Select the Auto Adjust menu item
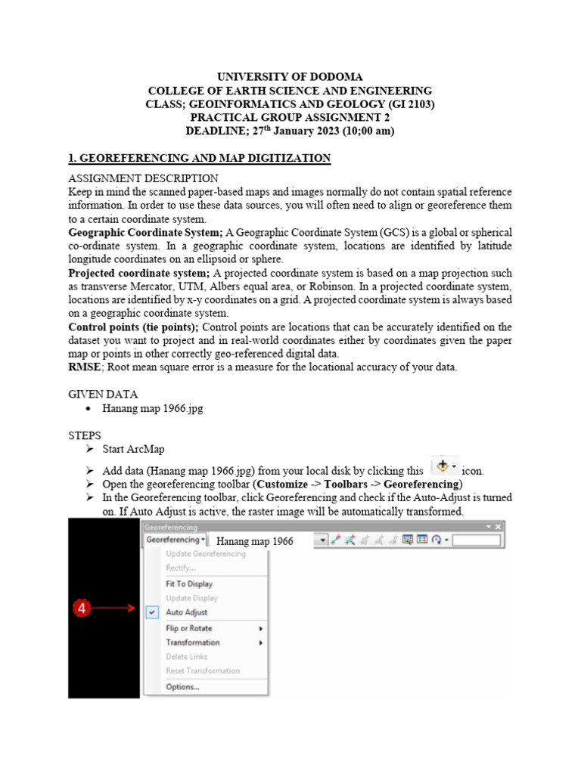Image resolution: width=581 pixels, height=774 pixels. (x=186, y=612)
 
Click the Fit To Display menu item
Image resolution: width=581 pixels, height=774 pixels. (x=189, y=584)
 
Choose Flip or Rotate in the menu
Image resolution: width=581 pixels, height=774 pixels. (x=189, y=628)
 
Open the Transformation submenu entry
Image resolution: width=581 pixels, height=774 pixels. (x=193, y=642)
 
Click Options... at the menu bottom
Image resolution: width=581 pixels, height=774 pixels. (x=182, y=687)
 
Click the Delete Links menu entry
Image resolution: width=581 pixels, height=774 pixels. (x=186, y=657)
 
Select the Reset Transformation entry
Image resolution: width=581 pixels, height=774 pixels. (x=203, y=671)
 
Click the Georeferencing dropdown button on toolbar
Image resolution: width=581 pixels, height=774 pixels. (x=176, y=540)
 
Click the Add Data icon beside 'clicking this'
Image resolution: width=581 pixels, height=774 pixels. (x=444, y=467)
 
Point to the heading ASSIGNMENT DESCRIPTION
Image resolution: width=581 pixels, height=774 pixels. (x=143, y=178)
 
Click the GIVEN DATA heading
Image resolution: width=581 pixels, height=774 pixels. (x=103, y=394)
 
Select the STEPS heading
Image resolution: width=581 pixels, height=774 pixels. (x=85, y=435)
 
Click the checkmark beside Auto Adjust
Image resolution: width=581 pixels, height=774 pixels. (x=153, y=612)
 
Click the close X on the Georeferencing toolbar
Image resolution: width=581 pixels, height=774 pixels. (x=499, y=526)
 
